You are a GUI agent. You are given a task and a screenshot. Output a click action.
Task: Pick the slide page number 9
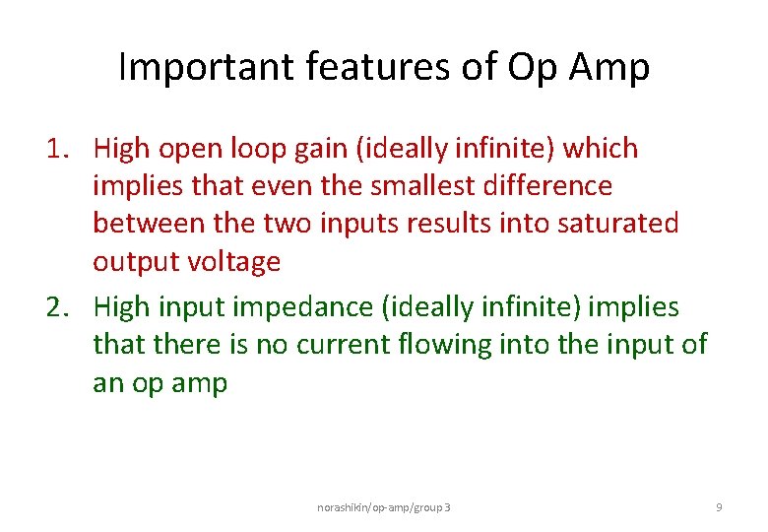(x=719, y=506)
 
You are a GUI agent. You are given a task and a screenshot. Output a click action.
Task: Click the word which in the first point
(x=602, y=149)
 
